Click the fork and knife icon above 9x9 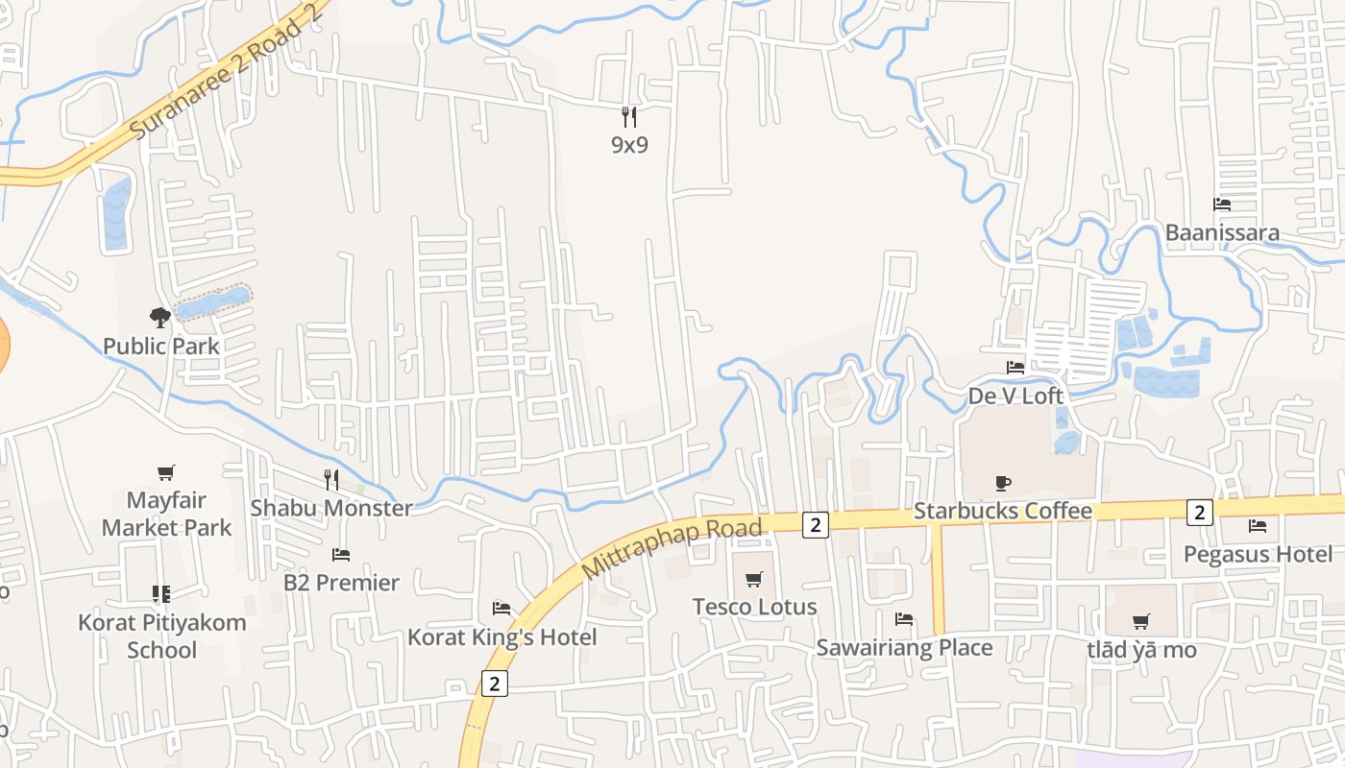coord(629,117)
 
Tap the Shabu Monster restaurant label coord(331,508)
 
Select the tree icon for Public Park coord(160,317)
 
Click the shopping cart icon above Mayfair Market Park coord(166,472)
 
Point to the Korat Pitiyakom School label coord(162,636)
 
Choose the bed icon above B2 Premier coord(340,555)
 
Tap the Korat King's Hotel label coord(501,637)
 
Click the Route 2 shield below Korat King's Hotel coord(494,684)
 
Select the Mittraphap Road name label coord(672,548)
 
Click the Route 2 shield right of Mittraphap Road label coord(815,524)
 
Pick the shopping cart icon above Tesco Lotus coord(754,579)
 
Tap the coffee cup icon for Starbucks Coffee coord(1003,483)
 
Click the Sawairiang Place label coord(904,648)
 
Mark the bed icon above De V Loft coord(1015,368)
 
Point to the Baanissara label coord(1222,232)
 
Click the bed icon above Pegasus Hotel coord(1257,526)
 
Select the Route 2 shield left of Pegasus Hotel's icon coord(1199,513)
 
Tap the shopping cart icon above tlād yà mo coord(1141,622)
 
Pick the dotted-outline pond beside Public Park coord(212,302)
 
